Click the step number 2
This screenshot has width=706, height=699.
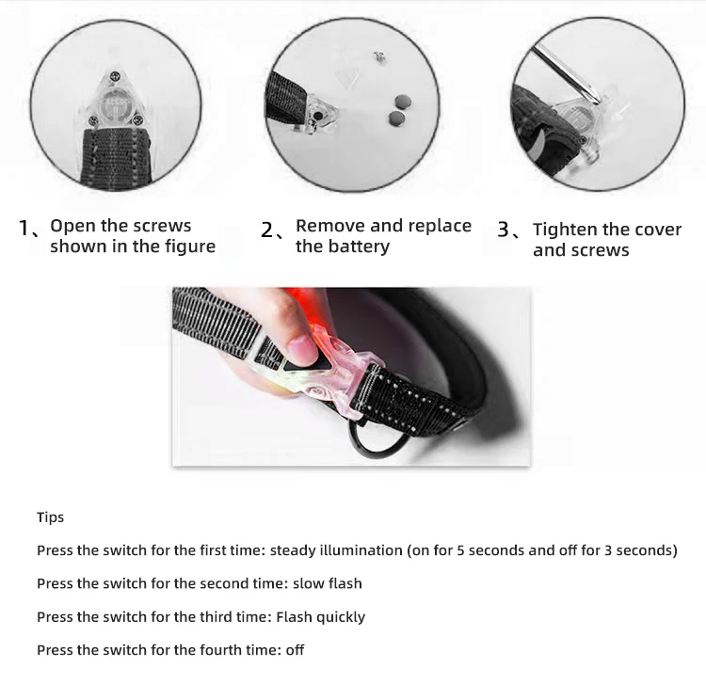coord(267,229)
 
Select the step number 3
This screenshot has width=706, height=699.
coord(504,230)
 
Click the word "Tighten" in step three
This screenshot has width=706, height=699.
coord(565,230)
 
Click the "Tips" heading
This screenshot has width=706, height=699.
coord(50,517)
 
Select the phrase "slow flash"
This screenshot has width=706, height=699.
coord(327,583)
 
